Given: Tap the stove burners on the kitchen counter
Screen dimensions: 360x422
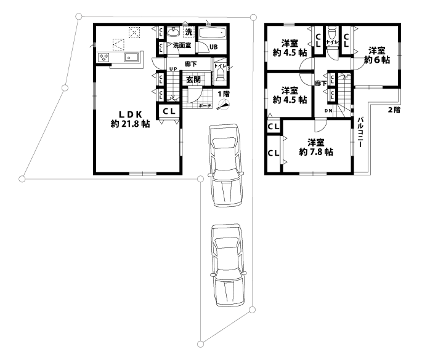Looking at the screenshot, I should click(103, 58).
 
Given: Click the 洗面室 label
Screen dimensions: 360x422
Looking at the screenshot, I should click(180, 46).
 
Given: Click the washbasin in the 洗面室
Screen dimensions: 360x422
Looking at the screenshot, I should click(174, 32).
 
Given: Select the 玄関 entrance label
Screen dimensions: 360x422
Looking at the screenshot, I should click(193, 79).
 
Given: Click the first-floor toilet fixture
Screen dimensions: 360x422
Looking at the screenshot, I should click(219, 75).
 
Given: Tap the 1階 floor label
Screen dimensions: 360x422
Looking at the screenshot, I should click(223, 94).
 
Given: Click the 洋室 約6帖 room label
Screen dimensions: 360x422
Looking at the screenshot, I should click(376, 55).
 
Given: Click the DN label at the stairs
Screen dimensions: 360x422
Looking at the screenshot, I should click(328, 111).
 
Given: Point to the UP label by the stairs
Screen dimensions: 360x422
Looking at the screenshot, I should click(173, 69).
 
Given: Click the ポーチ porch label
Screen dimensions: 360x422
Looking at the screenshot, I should click(205, 106).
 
